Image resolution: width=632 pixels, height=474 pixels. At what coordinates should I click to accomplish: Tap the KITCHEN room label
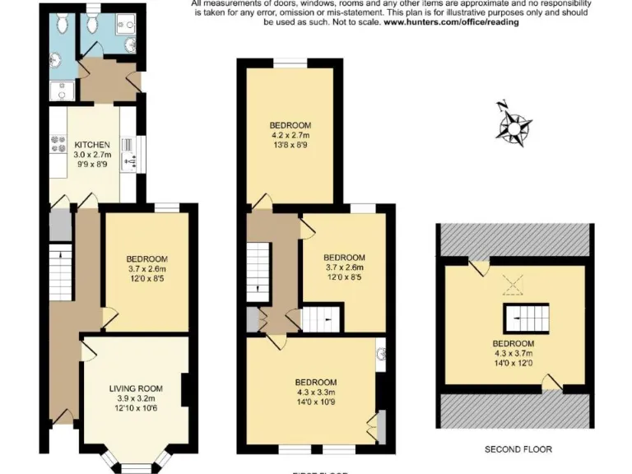pos(91,146)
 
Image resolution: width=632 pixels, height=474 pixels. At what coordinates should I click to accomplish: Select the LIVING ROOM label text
pos(137,388)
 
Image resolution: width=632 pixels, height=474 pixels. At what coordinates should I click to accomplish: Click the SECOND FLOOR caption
pos(518,449)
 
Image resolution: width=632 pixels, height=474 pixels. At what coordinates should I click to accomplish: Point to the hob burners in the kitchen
pos(58,145)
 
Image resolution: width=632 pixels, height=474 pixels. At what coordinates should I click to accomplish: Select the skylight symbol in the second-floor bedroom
pos(514,285)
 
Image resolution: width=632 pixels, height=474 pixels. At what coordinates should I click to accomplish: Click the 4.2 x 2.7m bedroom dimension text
pos(290,135)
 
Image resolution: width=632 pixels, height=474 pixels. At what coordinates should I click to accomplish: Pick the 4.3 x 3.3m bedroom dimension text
pos(315,393)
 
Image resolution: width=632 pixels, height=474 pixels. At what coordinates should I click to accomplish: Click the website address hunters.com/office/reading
pos(451,22)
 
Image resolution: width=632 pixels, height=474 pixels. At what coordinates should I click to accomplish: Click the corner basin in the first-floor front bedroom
pos(381,355)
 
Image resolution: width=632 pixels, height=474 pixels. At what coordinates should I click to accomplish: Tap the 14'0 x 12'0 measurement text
pos(513,364)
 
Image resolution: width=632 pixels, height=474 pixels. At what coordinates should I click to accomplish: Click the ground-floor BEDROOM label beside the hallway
pos(147,258)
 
